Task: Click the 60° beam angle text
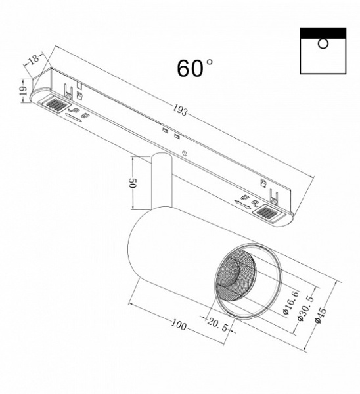pyautogui.click(x=194, y=68)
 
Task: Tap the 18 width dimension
pyautogui.click(x=33, y=59)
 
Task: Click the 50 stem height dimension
pyautogui.click(x=133, y=183)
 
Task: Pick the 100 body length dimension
pyautogui.click(x=178, y=325)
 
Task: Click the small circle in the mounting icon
pyautogui.click(x=323, y=44)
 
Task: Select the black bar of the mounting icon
pyautogui.click(x=323, y=32)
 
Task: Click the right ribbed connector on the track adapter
pyautogui.click(x=270, y=212)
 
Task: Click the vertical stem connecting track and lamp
pyautogui.click(x=160, y=181)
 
